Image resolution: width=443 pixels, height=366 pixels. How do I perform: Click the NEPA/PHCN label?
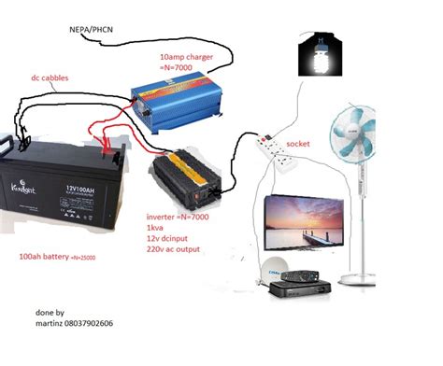tap(94, 30)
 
